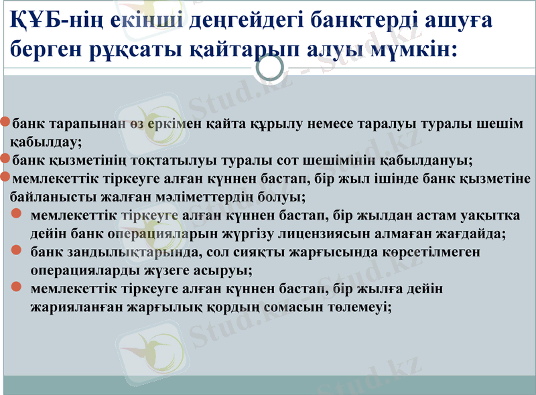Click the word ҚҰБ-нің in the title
pyautogui.click(x=43, y=20)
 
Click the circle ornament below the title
pyautogui.click(x=271, y=68)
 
